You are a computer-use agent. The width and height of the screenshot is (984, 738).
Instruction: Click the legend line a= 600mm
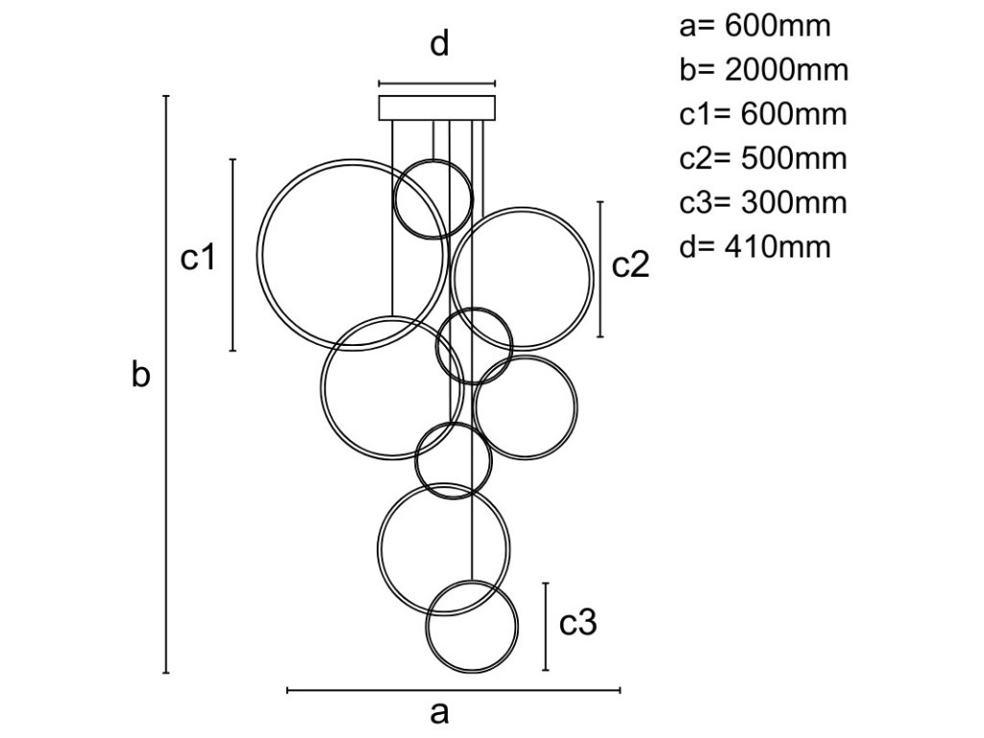pos(754,26)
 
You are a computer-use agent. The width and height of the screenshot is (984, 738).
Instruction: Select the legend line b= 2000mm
pos(763,70)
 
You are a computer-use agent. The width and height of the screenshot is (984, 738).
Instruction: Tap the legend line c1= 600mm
pos(763,114)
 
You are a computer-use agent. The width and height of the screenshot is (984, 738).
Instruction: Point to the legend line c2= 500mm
pos(763,159)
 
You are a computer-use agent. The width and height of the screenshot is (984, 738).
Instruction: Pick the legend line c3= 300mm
pos(763,203)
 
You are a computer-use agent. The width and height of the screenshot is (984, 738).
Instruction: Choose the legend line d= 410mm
pos(754,247)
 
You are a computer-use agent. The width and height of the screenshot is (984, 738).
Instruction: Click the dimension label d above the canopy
pos(439,45)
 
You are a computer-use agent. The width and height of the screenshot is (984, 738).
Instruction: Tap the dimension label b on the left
pos(141,377)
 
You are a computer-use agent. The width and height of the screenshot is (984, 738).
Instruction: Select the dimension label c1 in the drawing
pos(198,258)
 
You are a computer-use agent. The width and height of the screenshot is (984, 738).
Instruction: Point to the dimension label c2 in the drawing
pos(631,265)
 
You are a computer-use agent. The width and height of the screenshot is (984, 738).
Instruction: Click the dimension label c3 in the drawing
pos(578,625)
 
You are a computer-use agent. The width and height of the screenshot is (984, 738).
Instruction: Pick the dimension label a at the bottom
pos(439,713)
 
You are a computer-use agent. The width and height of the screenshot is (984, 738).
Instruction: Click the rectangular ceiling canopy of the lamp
pos(438,107)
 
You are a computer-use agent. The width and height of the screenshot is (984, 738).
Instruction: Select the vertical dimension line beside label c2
pos(601,269)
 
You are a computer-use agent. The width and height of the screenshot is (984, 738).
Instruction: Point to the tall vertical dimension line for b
pos(167,384)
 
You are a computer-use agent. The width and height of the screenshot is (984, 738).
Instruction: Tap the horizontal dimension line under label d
pos(437,84)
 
